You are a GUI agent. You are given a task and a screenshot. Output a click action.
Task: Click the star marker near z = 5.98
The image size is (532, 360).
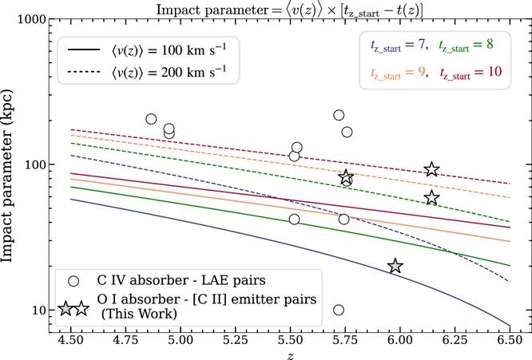pyautogui.click(x=395, y=266)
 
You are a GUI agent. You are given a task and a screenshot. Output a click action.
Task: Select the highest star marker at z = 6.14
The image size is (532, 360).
pyautogui.click(x=431, y=169)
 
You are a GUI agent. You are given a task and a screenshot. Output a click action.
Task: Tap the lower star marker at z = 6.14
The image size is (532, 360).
pyautogui.click(x=431, y=198)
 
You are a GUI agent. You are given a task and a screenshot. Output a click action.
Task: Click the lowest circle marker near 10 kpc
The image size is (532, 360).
pyautogui.click(x=339, y=310)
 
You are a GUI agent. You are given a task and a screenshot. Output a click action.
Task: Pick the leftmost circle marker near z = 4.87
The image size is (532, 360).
pyautogui.click(x=152, y=119)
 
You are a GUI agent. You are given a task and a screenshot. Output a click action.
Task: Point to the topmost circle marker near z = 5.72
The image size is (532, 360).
pyautogui.click(x=339, y=115)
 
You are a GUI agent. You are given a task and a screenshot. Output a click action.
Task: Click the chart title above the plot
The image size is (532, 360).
pyautogui.click(x=290, y=7)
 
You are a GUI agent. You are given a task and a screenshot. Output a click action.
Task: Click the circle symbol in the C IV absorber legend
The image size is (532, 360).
pyautogui.click(x=73, y=282)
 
